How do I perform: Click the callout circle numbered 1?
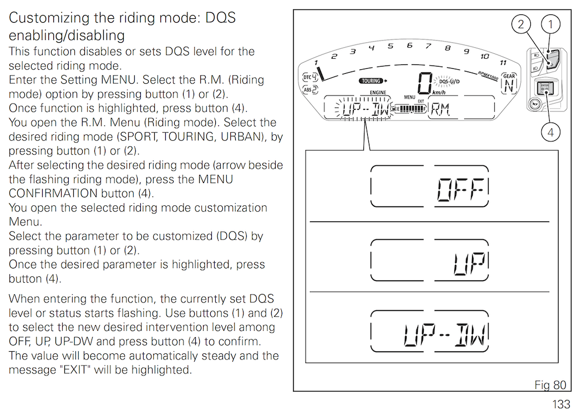(x=550, y=24)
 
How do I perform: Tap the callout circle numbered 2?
(x=521, y=24)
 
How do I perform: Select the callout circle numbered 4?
(x=550, y=132)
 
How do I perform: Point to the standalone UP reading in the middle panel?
(x=471, y=263)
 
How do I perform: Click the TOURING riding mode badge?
(x=371, y=80)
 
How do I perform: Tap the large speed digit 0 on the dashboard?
(x=425, y=83)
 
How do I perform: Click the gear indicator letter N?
(x=509, y=87)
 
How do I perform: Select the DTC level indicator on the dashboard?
(x=310, y=77)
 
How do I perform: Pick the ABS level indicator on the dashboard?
(x=310, y=90)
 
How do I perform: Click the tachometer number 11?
(x=503, y=63)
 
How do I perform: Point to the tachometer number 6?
(x=409, y=45)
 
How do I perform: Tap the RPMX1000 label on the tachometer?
(x=488, y=75)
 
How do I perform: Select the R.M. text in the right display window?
(x=440, y=109)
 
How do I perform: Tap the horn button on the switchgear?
(x=535, y=104)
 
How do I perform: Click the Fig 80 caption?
(x=550, y=385)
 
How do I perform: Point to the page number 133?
(x=561, y=404)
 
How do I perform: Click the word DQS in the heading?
(x=220, y=18)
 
